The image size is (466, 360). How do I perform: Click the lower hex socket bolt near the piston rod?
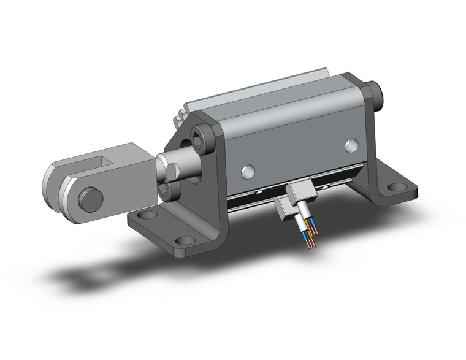click(x=170, y=191)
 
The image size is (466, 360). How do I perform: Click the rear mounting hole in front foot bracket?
click(x=146, y=216)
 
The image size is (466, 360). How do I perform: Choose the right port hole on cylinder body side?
click(x=350, y=145)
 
